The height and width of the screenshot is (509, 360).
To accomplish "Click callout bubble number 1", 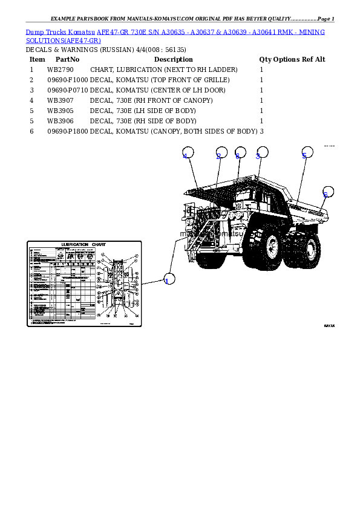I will click(x=169, y=279).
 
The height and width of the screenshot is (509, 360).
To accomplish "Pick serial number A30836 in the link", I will click(x=172, y=31).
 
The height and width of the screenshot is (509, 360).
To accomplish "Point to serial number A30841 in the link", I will click(x=261, y=31).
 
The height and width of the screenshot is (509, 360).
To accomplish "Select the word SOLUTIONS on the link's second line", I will click(x=45, y=41).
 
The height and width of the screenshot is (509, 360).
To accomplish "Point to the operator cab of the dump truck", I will click(x=244, y=199).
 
